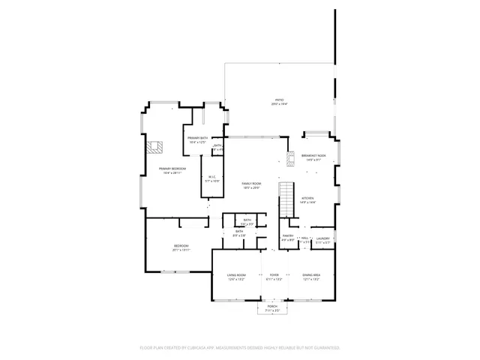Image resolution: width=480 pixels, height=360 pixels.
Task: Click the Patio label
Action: (278, 100)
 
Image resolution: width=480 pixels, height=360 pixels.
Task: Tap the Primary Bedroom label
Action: (172, 169)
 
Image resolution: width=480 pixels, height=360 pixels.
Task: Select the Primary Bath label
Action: (196, 139)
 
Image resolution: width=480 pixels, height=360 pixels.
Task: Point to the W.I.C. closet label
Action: (212, 177)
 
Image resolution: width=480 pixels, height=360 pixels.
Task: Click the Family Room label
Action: (250, 184)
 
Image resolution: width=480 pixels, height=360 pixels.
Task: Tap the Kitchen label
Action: (307, 199)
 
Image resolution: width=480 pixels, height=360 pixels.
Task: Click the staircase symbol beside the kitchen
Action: (286, 199)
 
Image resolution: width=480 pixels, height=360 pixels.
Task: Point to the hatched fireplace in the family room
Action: (290, 159)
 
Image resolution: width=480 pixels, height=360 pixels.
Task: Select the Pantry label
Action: (287, 235)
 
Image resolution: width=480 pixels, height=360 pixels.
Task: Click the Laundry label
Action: (322, 238)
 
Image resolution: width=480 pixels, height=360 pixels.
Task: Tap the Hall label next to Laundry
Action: (305, 238)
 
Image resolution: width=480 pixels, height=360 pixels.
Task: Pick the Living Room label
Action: (237, 275)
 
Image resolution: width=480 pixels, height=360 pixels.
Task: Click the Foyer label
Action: (274, 275)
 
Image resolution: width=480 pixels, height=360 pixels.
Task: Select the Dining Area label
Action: (311, 275)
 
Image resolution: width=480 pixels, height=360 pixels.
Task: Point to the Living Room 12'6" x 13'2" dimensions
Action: (237, 280)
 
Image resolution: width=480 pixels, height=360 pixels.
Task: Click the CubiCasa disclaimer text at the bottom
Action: (240, 348)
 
